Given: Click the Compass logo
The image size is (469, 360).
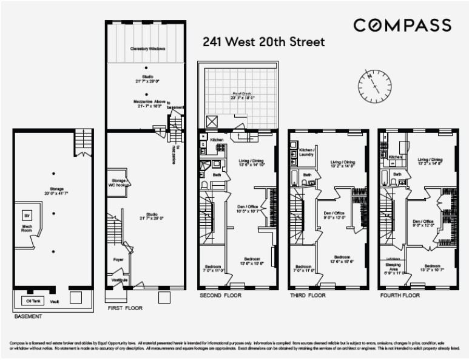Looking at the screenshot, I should [x=402, y=25].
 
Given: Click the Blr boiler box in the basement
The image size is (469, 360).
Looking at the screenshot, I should [x=27, y=216].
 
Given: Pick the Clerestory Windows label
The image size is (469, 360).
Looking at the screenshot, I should [x=148, y=48].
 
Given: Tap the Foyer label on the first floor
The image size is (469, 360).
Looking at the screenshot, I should [x=118, y=259].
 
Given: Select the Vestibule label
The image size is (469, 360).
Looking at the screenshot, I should [x=119, y=280].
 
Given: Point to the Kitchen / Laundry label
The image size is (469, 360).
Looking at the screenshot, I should [x=306, y=152].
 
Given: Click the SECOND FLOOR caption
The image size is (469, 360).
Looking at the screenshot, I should [x=220, y=296].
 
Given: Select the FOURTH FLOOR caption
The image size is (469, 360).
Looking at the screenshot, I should [x=400, y=296].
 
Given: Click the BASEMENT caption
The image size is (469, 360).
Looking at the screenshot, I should [x=28, y=317].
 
